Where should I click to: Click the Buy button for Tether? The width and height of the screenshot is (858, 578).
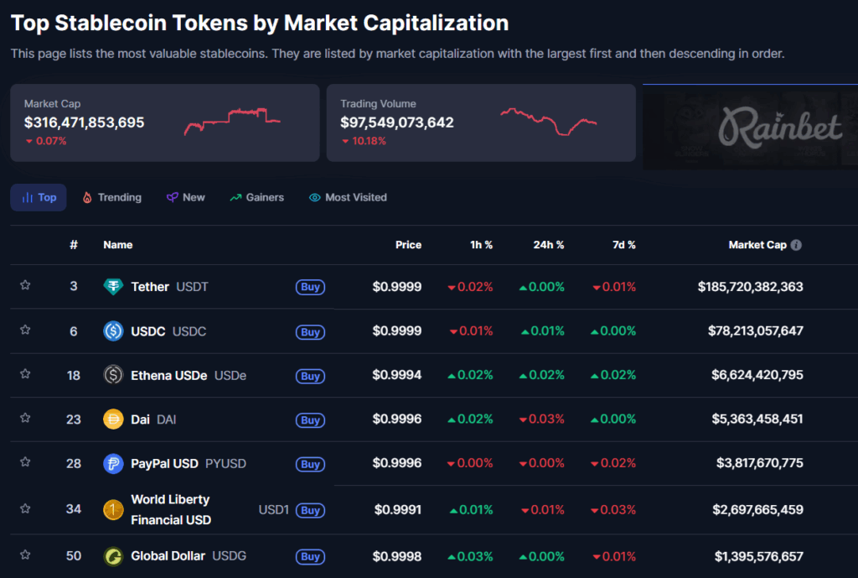(310, 287)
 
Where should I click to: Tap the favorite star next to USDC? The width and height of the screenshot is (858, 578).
(25, 330)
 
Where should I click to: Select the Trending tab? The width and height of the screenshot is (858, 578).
(111, 197)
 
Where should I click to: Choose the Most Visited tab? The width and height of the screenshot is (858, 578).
(348, 197)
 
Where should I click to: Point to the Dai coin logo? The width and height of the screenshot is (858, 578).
(113, 419)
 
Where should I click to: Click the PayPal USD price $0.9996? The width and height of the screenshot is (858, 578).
(397, 463)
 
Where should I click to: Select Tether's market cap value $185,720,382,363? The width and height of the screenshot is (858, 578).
(750, 287)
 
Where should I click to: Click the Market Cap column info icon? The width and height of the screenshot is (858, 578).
(796, 245)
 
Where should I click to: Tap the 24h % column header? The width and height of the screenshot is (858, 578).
(549, 245)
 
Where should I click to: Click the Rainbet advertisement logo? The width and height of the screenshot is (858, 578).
(779, 128)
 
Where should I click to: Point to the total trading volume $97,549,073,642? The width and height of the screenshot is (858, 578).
(396, 122)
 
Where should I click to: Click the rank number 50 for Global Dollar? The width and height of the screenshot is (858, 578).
(74, 555)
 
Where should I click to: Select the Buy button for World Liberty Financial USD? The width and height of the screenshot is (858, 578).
(310, 510)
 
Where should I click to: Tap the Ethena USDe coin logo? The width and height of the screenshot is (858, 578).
(113, 375)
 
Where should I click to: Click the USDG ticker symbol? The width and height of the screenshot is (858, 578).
(229, 555)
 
